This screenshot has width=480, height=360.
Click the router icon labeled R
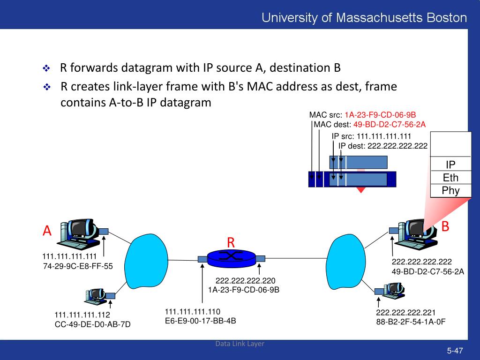[x=231, y=257]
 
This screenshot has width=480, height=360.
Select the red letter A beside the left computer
[x=47, y=231]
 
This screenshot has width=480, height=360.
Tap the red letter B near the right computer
[x=445, y=226]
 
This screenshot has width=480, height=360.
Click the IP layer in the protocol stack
[x=450, y=165]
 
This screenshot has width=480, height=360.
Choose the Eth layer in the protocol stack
[x=450, y=178]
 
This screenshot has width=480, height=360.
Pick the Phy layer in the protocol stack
[x=450, y=190]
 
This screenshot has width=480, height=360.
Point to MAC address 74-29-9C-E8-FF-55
[x=78, y=266]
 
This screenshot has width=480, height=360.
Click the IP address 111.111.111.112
[x=82, y=315]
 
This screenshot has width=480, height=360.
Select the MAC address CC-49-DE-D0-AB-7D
[x=93, y=324]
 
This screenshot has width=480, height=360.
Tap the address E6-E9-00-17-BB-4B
[x=201, y=321]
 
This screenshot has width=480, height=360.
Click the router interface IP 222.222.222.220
[x=245, y=281]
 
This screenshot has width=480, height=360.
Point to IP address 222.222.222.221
[x=406, y=313]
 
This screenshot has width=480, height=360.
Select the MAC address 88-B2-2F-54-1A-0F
[x=411, y=322]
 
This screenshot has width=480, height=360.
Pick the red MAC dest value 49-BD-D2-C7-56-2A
[x=390, y=124]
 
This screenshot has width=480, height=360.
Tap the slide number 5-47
[x=455, y=351]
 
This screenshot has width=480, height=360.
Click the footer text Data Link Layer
[x=240, y=344]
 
